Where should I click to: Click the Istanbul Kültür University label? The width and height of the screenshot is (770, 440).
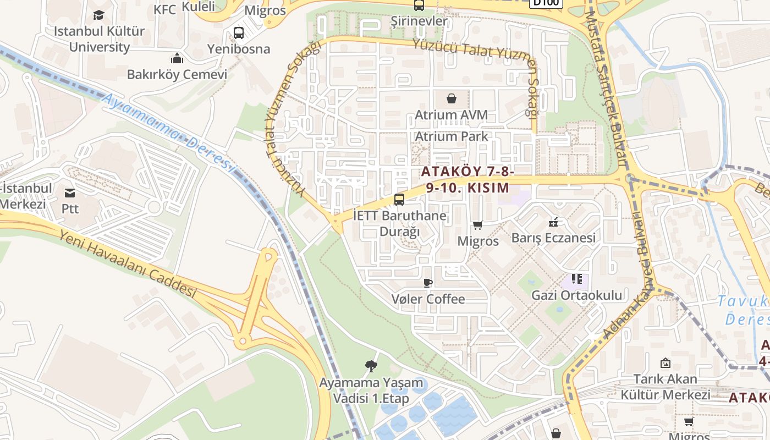(99, 38)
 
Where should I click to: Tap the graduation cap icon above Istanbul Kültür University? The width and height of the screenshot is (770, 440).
(98, 15)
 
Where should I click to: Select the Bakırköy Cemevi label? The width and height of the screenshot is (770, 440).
(177, 74)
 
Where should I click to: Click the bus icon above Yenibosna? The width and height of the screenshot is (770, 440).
(239, 33)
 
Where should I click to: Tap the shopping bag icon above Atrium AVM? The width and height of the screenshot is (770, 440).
(452, 98)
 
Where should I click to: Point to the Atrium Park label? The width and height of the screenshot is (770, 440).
(452, 136)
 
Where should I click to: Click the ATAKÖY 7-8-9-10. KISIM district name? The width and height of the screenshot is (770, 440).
(468, 180)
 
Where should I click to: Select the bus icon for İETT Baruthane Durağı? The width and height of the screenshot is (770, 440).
(399, 200)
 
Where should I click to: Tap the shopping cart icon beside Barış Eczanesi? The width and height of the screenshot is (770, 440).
(478, 225)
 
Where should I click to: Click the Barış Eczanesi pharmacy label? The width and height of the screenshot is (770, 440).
(553, 238)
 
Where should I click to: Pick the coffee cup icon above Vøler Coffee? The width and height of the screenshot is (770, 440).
(428, 283)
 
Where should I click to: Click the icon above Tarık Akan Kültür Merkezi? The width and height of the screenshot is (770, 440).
(665, 363)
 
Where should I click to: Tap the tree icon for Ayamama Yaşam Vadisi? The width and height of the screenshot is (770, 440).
(371, 366)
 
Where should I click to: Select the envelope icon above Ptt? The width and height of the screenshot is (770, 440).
(70, 193)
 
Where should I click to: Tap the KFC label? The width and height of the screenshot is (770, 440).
(165, 9)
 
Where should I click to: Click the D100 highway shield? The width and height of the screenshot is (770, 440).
(546, 2)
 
